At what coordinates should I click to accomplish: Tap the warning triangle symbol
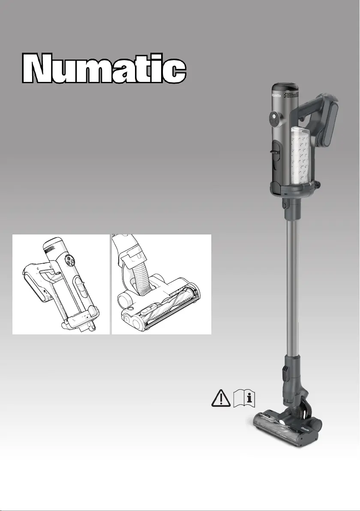[221, 398]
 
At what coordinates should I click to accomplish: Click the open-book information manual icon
[244, 398]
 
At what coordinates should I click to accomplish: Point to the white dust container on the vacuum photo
[300, 154]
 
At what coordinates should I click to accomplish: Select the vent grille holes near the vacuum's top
[291, 94]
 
